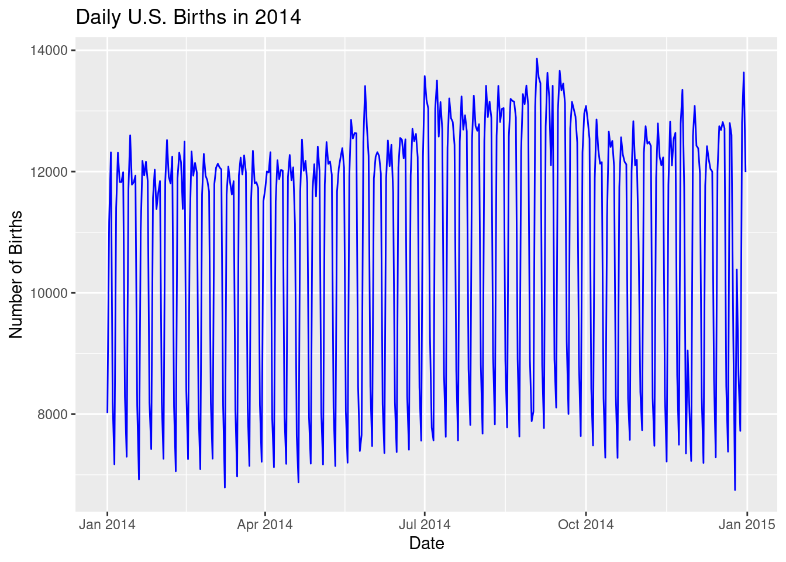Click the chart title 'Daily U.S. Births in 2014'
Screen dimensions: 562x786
pyautogui.click(x=188, y=18)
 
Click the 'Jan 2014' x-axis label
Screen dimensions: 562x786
pyautogui.click(x=107, y=524)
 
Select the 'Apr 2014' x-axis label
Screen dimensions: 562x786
pyautogui.click(x=265, y=524)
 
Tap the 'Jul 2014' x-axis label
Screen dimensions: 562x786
pyautogui.click(x=425, y=524)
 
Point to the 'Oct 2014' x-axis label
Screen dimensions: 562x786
pyautogui.click(x=585, y=524)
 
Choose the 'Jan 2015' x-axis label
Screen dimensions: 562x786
pyautogui.click(x=747, y=524)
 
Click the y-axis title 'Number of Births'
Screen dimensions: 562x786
pyautogui.click(x=16, y=274)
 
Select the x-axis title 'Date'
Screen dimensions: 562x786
pyautogui.click(x=426, y=543)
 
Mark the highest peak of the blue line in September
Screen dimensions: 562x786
pyautogui.click(x=536, y=59)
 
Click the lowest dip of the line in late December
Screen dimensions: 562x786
pyautogui.click(x=735, y=490)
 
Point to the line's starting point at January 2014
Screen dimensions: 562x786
pyautogui.click(x=107, y=412)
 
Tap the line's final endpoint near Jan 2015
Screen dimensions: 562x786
pyautogui.click(x=746, y=172)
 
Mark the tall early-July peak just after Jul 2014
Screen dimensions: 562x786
pyautogui.click(x=425, y=76)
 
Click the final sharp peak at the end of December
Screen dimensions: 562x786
pyautogui.click(x=744, y=73)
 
